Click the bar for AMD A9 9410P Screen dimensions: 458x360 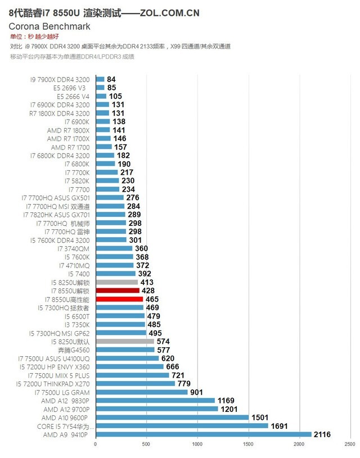pyautogui.click(x=203, y=434)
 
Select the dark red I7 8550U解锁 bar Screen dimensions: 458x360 pyautogui.click(x=118, y=291)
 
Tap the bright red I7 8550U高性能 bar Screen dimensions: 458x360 pyautogui.click(x=119, y=299)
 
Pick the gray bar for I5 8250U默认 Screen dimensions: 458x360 pyautogui.click(x=125, y=341)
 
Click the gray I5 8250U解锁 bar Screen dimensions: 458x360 pyautogui.click(x=116, y=282)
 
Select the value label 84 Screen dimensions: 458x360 pyautogui.click(x=111, y=80)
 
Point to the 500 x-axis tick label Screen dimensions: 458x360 pyautogui.click(x=146, y=445)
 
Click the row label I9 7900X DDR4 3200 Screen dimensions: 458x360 pyautogui.click(x=60, y=80)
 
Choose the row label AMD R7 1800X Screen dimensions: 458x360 pyautogui.click(x=68, y=130)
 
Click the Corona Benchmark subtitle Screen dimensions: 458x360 pyautogui.click(x=49, y=26)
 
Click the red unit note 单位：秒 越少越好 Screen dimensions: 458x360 pyautogui.click(x=34, y=37)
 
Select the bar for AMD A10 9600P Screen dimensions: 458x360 pyautogui.click(x=172, y=417)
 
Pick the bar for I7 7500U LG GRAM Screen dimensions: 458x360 pyautogui.click(x=142, y=392)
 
